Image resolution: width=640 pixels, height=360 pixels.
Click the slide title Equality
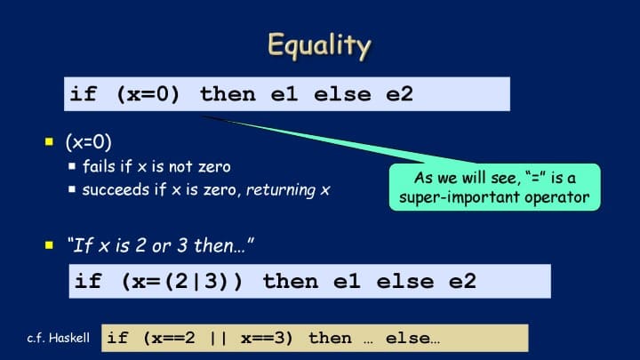point(319,45)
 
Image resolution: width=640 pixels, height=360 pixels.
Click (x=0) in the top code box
point(148,94)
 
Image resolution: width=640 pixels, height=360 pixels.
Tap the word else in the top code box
point(342,94)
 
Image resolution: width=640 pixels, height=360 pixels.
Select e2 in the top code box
point(400,94)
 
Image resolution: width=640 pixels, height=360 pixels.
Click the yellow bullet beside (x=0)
point(50,141)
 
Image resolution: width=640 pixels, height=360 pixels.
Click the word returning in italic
point(281,190)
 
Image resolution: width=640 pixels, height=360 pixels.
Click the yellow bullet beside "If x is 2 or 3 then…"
point(50,245)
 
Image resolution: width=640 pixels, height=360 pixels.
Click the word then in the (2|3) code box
point(291,281)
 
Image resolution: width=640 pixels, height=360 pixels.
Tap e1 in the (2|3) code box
point(347,281)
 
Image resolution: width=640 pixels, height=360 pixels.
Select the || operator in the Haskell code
point(218,338)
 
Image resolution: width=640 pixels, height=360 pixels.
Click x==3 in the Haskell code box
point(267,338)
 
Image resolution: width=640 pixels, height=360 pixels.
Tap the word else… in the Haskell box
point(412,338)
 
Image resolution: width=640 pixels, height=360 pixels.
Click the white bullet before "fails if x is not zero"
point(72,165)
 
